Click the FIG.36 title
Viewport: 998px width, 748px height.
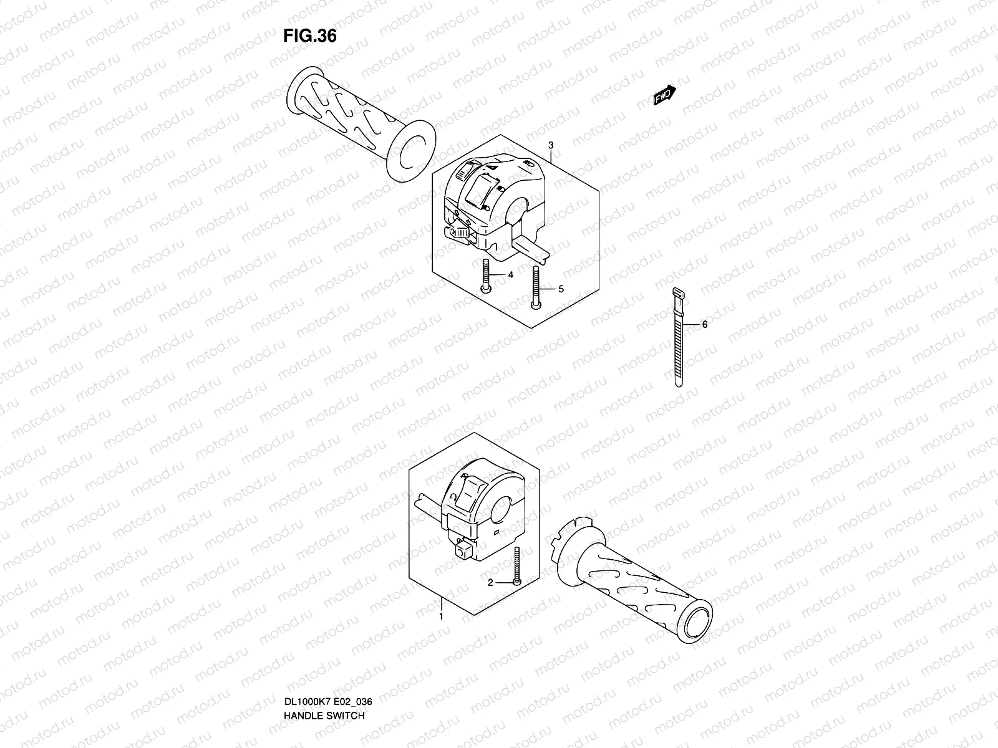310,36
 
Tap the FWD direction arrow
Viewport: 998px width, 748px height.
664,95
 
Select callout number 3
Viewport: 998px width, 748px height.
550,145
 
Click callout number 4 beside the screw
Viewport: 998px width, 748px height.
510,274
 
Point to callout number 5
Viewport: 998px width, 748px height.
560,289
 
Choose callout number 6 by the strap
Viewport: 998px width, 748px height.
704,324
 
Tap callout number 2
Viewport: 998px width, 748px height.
490,582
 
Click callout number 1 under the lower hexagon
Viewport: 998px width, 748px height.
441,616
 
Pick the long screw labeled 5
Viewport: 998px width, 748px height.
535,287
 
